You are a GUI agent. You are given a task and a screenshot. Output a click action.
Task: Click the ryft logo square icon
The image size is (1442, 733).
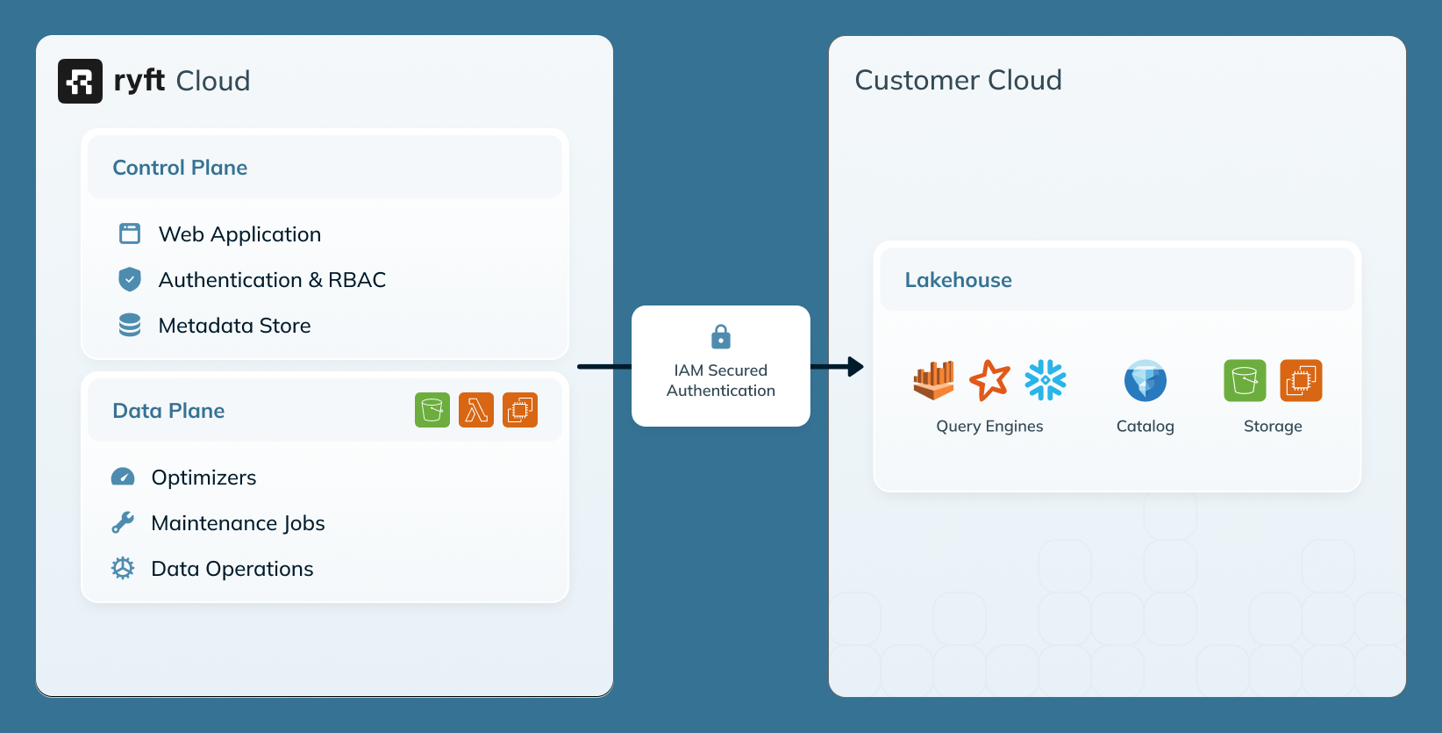point(80,81)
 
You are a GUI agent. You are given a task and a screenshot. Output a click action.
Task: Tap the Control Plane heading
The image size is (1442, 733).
point(180,168)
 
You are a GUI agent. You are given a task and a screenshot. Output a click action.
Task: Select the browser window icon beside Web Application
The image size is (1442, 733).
point(130,234)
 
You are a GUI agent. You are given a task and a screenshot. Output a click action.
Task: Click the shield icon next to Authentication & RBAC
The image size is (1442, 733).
point(130,279)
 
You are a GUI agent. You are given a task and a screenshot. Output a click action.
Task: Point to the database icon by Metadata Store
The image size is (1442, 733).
point(130,325)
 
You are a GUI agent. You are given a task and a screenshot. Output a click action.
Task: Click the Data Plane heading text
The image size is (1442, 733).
point(168,411)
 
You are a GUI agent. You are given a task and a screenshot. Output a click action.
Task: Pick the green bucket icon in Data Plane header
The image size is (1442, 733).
point(432,410)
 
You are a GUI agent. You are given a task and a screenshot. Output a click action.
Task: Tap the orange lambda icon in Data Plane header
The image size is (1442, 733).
point(476,410)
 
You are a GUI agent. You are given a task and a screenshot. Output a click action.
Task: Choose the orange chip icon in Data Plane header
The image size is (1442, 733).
point(520,410)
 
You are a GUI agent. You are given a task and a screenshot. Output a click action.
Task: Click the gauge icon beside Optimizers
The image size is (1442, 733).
point(123,477)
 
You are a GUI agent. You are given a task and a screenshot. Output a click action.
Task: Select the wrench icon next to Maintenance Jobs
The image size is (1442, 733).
point(123,522)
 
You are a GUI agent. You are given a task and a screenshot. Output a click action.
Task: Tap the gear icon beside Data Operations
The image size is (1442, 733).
point(123,568)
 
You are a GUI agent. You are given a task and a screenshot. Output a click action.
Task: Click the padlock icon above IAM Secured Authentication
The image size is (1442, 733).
point(721,336)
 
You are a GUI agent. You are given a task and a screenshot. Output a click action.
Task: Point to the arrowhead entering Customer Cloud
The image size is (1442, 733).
point(855,367)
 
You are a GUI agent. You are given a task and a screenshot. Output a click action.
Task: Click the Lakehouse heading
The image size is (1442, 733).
point(958,280)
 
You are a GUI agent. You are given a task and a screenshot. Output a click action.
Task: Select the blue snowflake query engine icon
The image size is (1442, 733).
point(1046,380)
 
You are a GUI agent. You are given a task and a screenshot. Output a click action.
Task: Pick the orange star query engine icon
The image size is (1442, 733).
point(989,380)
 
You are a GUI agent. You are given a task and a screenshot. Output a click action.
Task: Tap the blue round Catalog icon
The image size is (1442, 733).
point(1146,380)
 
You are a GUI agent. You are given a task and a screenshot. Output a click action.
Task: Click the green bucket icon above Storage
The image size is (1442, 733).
point(1245,380)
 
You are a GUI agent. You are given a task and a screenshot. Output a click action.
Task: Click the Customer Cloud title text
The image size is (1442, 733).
point(958,80)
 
